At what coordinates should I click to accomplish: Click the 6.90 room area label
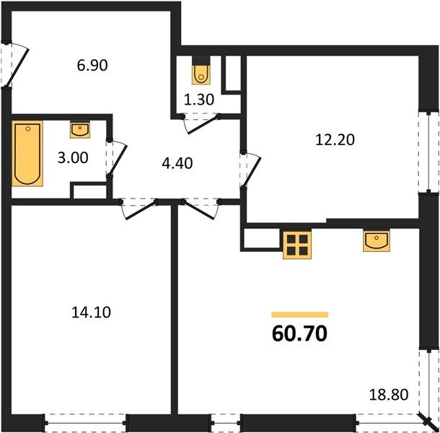(92, 65)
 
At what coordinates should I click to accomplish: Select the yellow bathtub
(28, 153)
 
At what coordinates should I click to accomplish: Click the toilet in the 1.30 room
(200, 72)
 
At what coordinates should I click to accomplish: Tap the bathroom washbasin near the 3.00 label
(79, 130)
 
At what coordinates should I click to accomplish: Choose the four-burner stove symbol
(296, 244)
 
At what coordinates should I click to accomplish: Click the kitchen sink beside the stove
(377, 240)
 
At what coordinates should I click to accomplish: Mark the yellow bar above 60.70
(299, 315)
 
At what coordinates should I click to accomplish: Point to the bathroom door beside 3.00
(115, 157)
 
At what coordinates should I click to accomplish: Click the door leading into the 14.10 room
(138, 209)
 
